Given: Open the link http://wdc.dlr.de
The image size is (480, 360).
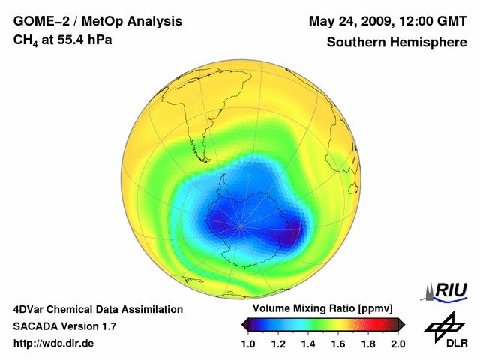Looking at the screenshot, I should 54,343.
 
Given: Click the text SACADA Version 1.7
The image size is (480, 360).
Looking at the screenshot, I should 64,326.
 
